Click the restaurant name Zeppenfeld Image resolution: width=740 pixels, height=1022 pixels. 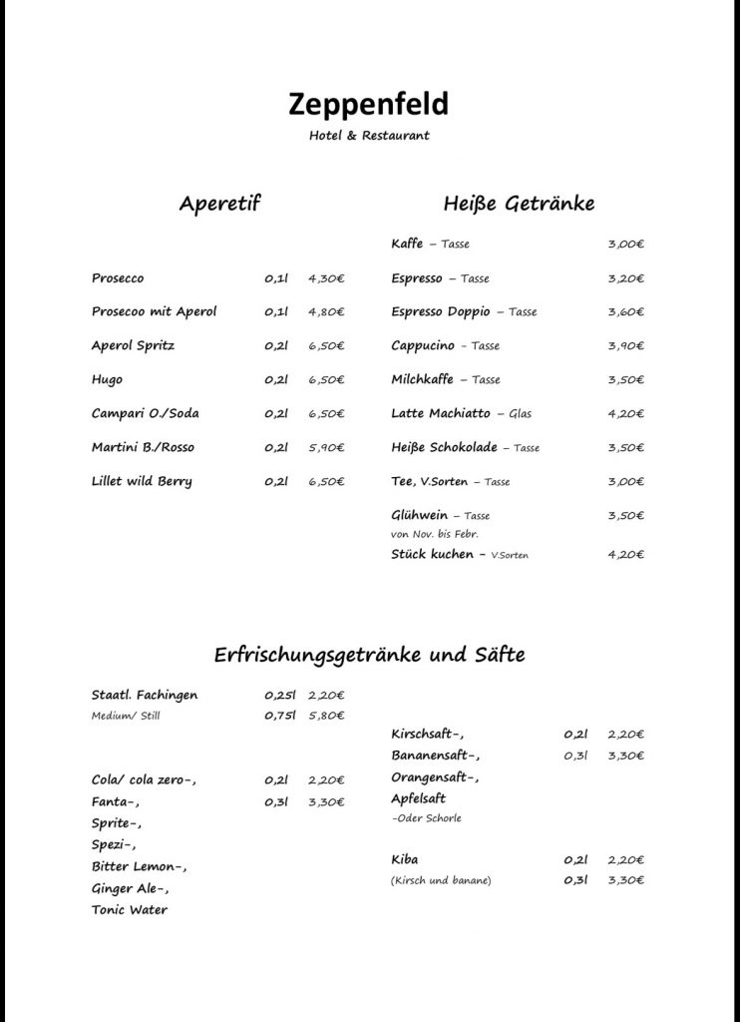(369, 103)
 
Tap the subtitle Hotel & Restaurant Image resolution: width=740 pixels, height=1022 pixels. (369, 136)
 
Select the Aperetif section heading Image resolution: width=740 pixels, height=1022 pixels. (219, 205)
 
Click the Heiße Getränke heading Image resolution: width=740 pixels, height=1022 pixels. (519, 205)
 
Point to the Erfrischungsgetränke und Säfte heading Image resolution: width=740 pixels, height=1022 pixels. (369, 656)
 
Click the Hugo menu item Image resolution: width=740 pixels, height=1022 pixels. (108, 379)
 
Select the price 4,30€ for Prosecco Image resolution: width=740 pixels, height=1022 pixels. (326, 278)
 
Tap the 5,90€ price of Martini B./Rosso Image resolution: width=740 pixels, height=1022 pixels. (326, 447)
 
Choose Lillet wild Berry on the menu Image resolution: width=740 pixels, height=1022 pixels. (142, 481)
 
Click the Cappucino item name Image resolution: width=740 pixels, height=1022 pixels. (423, 345)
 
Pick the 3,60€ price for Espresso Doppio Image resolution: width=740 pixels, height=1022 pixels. (625, 312)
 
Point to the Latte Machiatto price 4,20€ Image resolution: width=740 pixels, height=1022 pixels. (625, 413)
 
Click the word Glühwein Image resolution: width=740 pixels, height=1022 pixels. (419, 515)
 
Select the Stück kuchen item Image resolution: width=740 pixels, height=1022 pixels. (432, 554)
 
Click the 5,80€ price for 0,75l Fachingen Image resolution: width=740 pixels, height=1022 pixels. (326, 715)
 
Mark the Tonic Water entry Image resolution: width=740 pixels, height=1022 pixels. (130, 909)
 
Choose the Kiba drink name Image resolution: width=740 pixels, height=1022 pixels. (405, 859)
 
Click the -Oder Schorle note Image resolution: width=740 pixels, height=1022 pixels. (427, 818)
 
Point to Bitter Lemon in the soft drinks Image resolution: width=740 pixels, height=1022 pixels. (138, 865)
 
